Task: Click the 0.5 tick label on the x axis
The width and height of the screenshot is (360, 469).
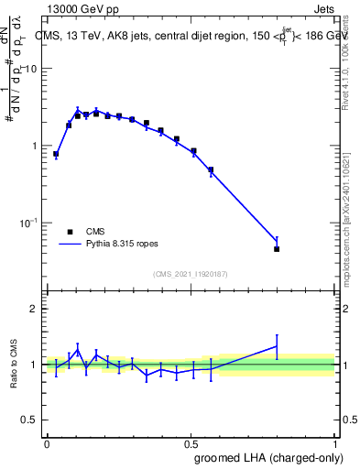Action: coord(191,442)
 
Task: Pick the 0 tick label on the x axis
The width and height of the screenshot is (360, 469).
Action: coord(47,442)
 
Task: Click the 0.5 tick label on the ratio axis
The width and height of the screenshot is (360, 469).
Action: coord(30,420)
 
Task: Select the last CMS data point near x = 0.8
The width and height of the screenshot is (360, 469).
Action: coord(277,248)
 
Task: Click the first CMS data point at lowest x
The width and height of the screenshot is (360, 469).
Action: coord(56,154)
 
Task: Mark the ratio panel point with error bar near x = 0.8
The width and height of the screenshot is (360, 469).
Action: coord(277,346)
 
